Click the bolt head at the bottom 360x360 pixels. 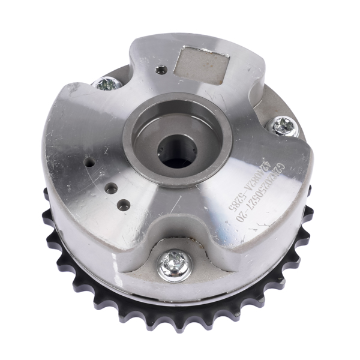[x=175, y=264]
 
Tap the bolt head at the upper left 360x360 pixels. [x=109, y=83]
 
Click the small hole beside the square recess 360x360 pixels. [x=160, y=70]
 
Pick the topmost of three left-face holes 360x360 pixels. [x=89, y=161]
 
